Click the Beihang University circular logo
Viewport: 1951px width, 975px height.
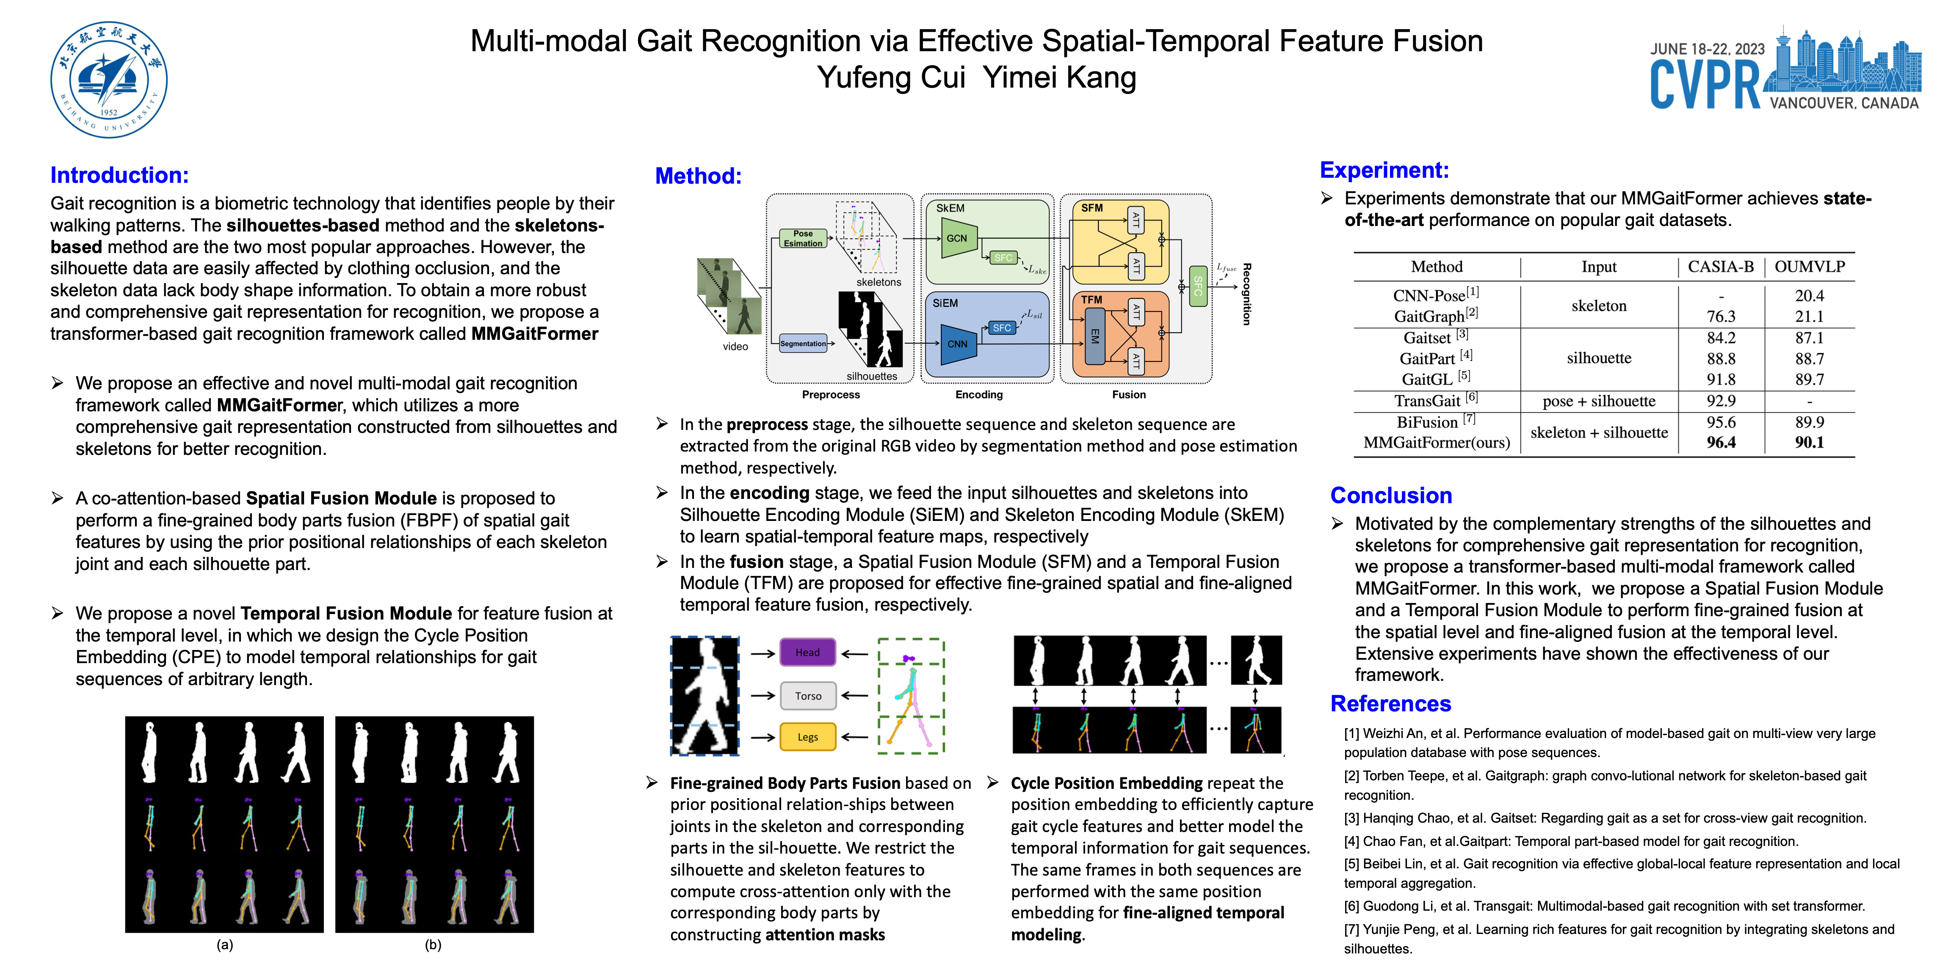pos(109,80)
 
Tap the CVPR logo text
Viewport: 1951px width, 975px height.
pos(1705,85)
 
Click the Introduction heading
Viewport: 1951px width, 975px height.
pos(119,175)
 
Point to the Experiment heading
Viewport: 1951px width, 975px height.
pos(1384,170)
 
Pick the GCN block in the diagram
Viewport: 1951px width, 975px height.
pos(956,238)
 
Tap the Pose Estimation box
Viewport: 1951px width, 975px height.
pos(803,238)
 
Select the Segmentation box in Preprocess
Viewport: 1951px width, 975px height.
pos(803,344)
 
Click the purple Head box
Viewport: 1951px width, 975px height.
pos(807,652)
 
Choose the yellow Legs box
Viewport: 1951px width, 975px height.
pos(807,737)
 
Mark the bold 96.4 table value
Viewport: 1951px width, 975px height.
pos(1721,442)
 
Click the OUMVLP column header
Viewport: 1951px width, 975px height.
pos(1809,267)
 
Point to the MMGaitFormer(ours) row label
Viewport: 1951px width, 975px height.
pos(1436,442)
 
